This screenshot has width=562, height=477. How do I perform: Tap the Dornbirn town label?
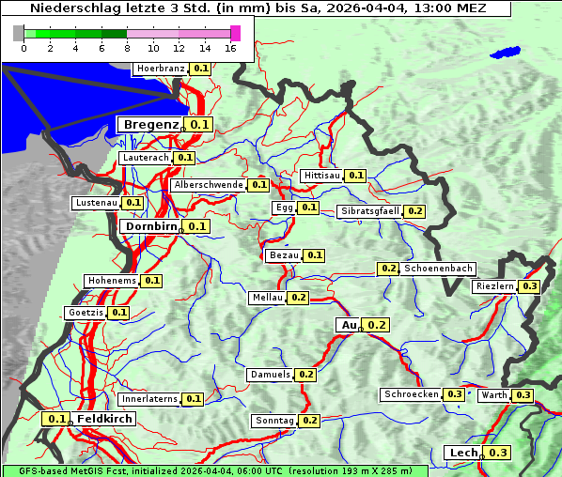150,226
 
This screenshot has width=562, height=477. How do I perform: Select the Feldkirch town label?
104,419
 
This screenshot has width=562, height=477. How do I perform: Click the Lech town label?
463,453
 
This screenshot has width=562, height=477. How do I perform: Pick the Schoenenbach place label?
438,269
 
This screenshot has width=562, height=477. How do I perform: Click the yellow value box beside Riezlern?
530,286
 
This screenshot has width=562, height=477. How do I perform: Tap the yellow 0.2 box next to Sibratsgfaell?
414,211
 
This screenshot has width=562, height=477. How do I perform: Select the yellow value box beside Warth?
523,395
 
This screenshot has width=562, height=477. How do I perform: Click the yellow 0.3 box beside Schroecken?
455,394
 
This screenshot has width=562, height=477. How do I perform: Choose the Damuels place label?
270,375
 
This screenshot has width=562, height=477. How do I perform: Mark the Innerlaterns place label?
149,399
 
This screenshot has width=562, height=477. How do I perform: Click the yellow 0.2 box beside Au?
377,325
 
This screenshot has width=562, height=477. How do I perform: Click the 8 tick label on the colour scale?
127,48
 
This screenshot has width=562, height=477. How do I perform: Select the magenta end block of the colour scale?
235,33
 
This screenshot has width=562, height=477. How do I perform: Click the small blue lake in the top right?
506,54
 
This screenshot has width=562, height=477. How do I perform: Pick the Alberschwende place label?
209,185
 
